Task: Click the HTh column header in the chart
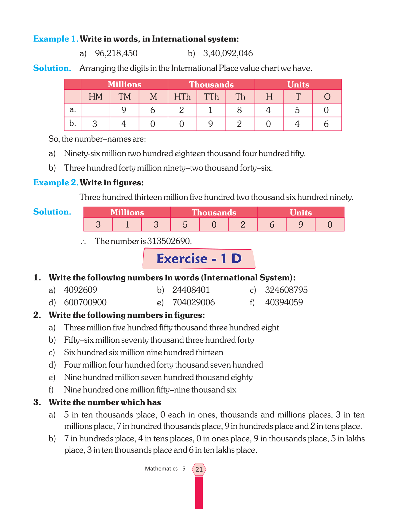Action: pyautogui.click(x=182, y=97)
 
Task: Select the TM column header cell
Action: pyautogui.click(x=124, y=97)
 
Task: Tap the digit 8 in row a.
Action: pyautogui.click(x=240, y=110)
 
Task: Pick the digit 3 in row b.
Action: pyautogui.click(x=95, y=124)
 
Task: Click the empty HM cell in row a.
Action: pyautogui.click(x=96, y=110)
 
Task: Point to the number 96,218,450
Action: pyautogui.click(x=116, y=53)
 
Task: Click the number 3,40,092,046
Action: pyautogui.click(x=228, y=53)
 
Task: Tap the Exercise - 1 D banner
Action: pyautogui.click(x=199, y=259)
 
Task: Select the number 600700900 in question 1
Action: pyautogui.click(x=85, y=302)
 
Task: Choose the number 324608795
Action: pyautogui.click(x=286, y=290)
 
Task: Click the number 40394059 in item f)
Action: pyautogui.click(x=284, y=302)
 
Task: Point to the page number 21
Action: pyautogui.click(x=199, y=469)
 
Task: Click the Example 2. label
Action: pyautogui.click(x=56, y=183)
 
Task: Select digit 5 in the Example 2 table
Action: pyautogui.click(x=185, y=225)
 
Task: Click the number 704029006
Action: pyautogui.click(x=193, y=302)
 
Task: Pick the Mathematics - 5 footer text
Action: pyautogui.click(x=165, y=469)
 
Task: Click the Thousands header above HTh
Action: pyautogui.click(x=211, y=85)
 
